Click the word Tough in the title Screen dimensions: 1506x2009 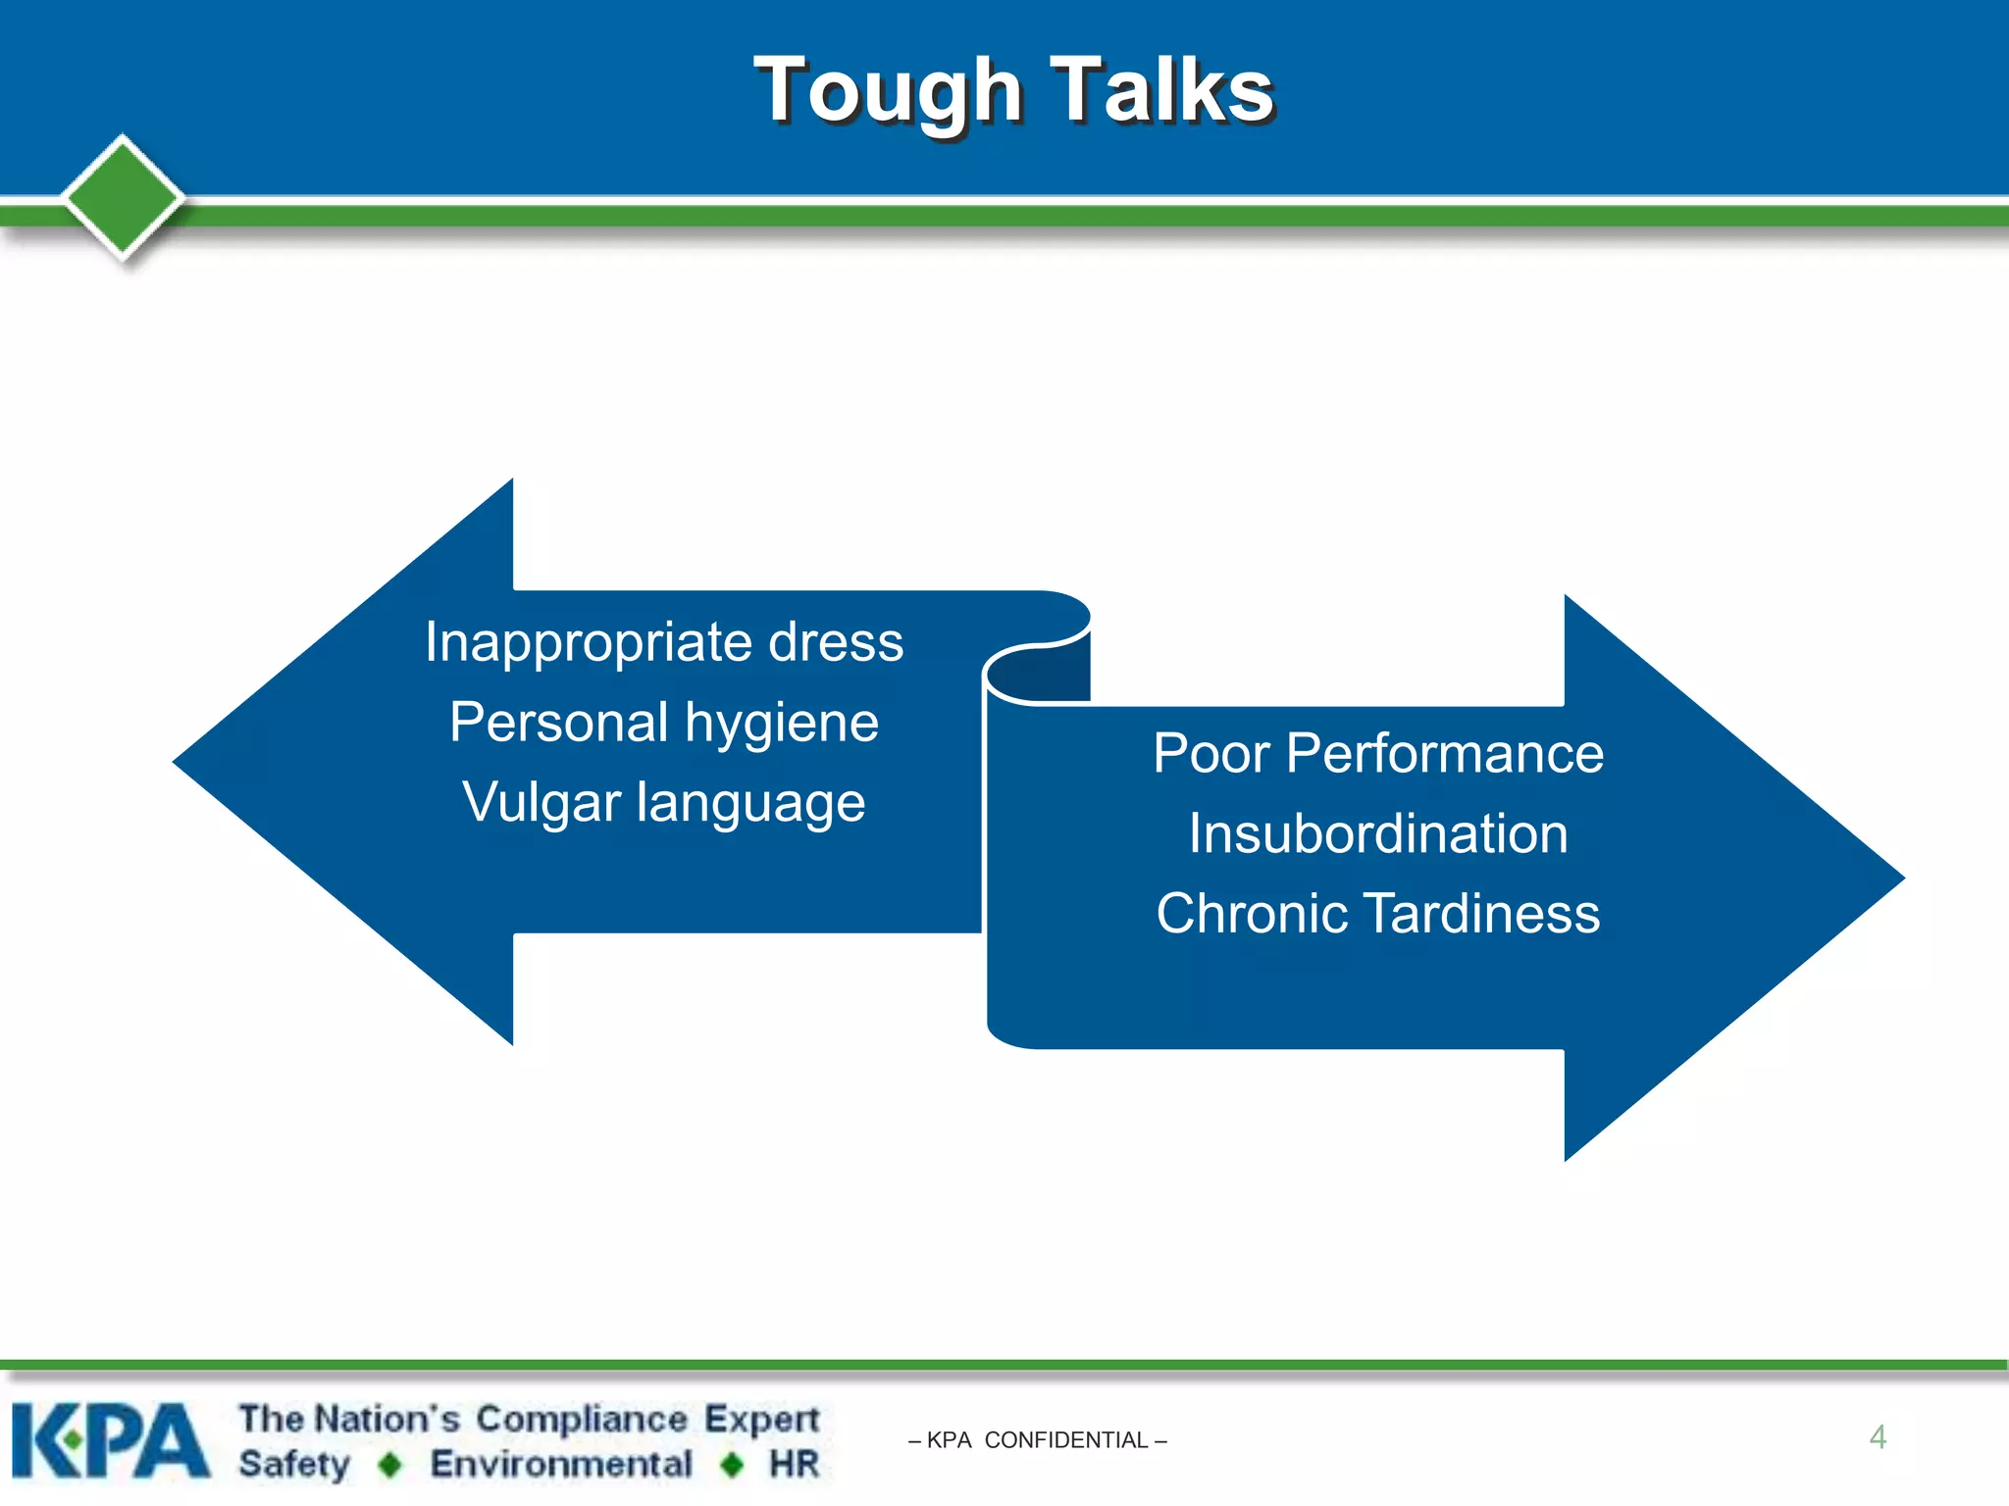click(889, 91)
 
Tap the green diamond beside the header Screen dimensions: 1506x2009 click(123, 197)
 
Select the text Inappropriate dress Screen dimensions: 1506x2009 click(664, 643)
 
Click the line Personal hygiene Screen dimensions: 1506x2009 click(664, 724)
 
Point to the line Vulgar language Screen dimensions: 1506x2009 click(664, 803)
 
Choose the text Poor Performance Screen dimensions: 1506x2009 click(1378, 754)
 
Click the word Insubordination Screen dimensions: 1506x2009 click(1378, 834)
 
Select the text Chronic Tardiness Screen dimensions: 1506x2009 click(1378, 914)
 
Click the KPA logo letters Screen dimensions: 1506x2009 click(110, 1440)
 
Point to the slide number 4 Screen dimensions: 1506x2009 click(1878, 1437)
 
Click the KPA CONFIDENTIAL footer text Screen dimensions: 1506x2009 click(1038, 1440)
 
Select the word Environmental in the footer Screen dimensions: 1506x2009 click(561, 1464)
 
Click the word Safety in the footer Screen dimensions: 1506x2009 click(293, 1464)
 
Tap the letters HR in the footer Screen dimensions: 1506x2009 click(794, 1464)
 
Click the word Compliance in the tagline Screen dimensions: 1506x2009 click(581, 1419)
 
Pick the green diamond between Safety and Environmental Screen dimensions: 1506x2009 click(390, 1465)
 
